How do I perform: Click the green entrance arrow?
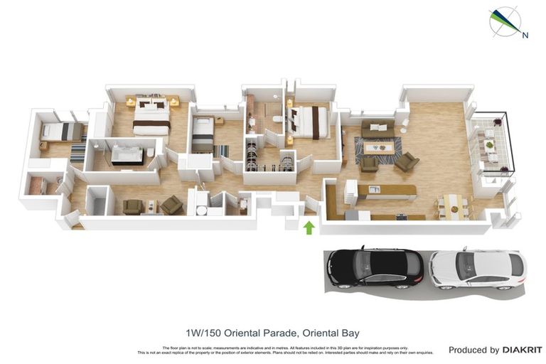pos(309,227)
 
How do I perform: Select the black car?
pos(375,267)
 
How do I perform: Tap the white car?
pos(477,268)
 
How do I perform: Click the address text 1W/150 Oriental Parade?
pos(240,333)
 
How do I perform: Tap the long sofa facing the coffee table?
pos(378,129)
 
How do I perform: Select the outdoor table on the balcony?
pos(490,146)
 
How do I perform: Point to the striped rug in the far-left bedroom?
pos(77,152)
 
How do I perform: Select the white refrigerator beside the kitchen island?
pos(350,191)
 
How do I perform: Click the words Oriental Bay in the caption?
pos(331,333)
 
